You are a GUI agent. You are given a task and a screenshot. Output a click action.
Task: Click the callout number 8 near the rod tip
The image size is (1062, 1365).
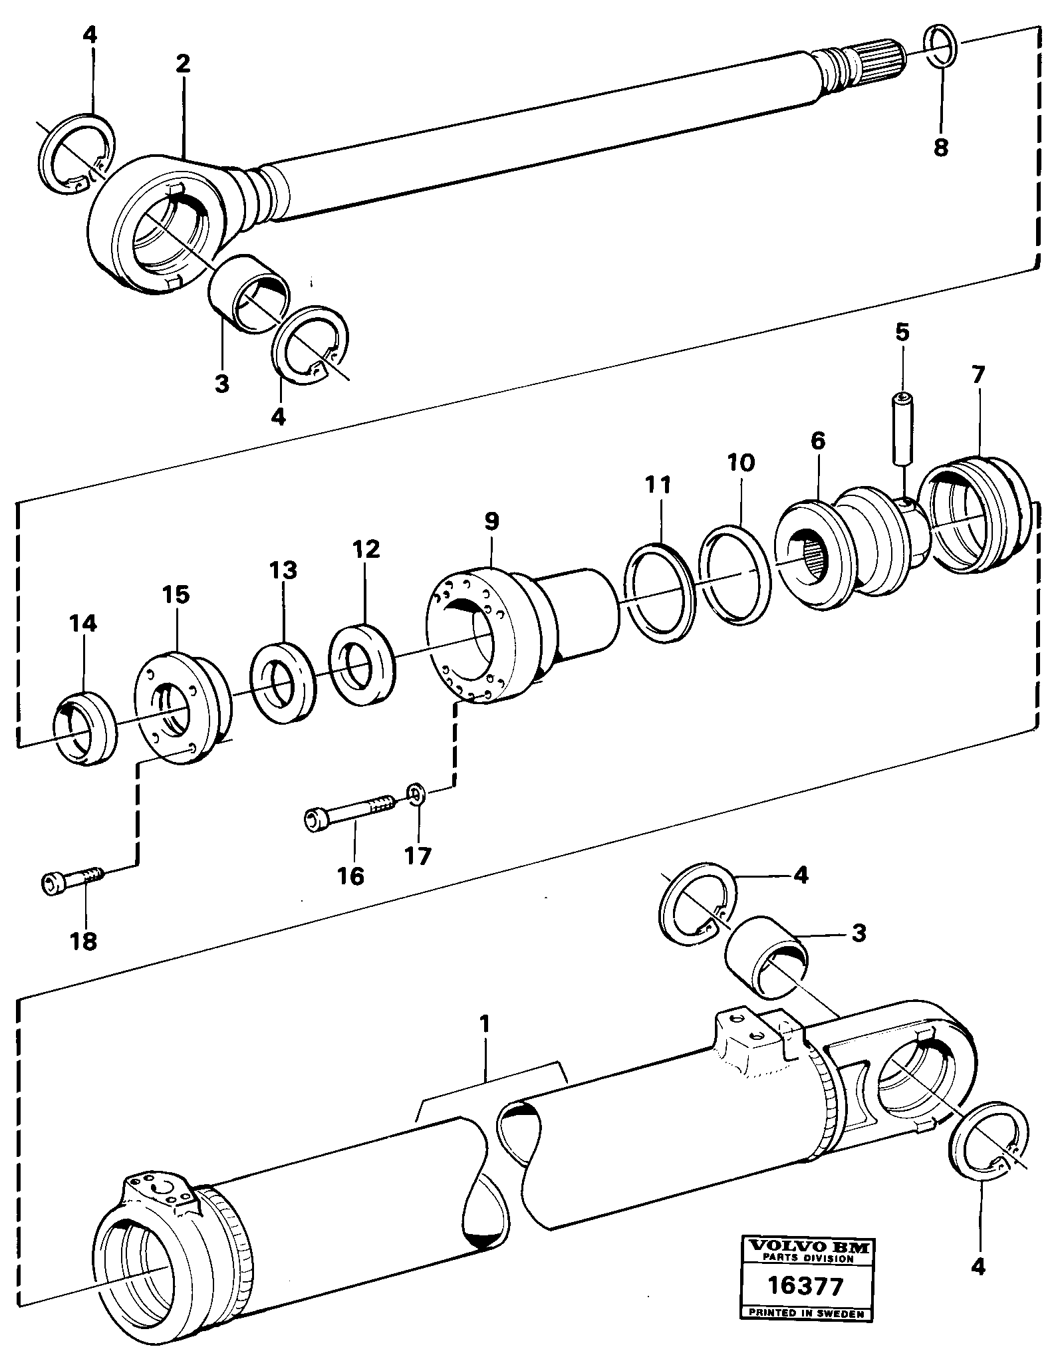tap(940, 147)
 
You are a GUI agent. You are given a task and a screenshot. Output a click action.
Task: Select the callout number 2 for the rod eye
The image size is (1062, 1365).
tap(183, 64)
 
